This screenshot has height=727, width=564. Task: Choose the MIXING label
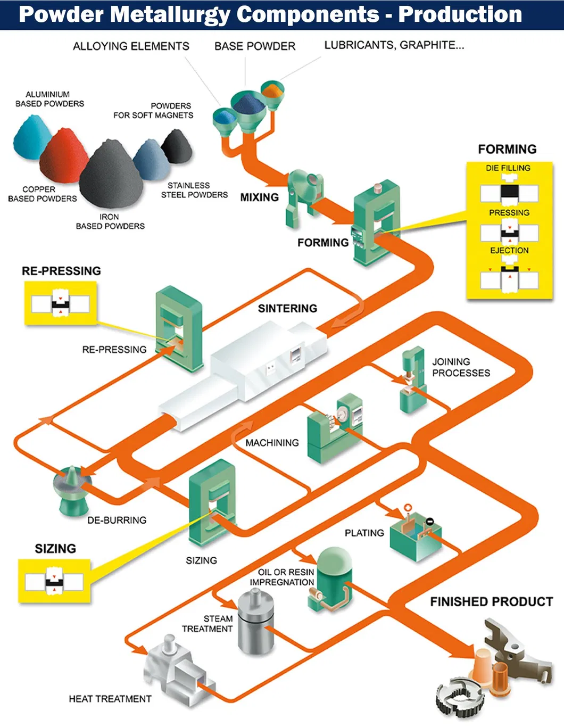pos(259,197)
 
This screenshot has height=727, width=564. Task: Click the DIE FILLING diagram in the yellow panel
pos(509,192)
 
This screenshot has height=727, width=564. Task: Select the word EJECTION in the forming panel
pos(509,250)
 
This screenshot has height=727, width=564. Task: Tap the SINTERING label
pos(287,309)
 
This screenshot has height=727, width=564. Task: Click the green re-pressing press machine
pos(179,328)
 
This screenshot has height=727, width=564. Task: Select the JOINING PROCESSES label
pos(460,367)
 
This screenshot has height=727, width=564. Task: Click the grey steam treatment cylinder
pos(256,623)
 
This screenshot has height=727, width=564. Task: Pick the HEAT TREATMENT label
pos(110,699)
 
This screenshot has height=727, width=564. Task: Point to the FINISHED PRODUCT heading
pos(491,602)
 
